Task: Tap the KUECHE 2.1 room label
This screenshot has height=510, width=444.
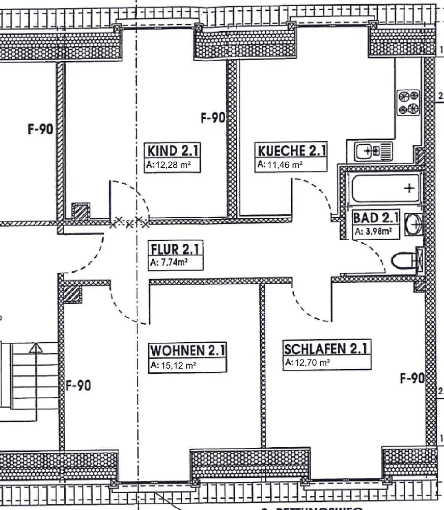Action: point(292,151)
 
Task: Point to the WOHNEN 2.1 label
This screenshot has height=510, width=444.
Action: point(187,351)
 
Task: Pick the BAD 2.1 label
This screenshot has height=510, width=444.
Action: point(375,218)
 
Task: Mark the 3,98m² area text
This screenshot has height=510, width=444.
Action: point(373,232)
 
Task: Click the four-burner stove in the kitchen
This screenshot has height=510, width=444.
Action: point(409,102)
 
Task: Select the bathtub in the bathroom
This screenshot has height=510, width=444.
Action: point(385,188)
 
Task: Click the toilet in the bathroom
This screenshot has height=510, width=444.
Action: point(404,261)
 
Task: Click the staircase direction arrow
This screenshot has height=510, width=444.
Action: point(36,349)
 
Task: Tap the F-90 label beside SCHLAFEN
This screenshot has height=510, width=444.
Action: point(411,378)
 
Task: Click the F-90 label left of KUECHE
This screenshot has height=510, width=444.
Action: point(213,118)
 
